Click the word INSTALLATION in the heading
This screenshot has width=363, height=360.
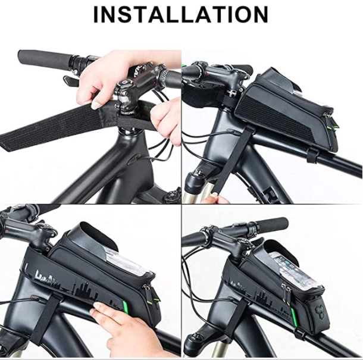(x=181, y=15)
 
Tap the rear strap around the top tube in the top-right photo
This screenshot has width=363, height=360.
(x=312, y=156)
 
